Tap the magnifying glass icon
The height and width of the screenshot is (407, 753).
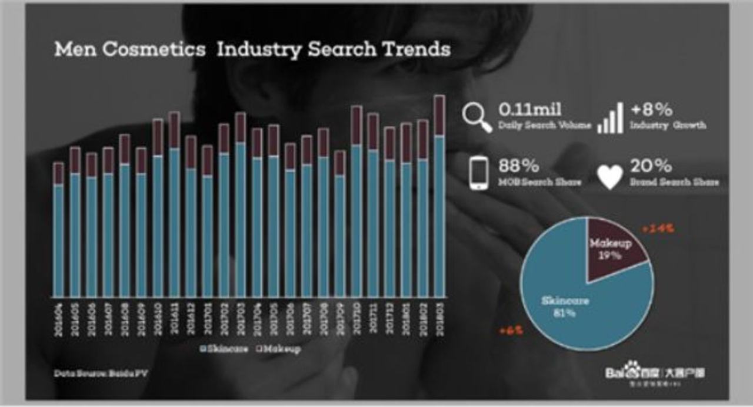(476, 117)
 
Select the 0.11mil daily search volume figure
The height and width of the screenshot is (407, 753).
(529, 109)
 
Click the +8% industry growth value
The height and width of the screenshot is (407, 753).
(651, 109)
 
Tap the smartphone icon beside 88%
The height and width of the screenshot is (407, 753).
(479, 173)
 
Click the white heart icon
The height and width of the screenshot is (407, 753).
(610, 176)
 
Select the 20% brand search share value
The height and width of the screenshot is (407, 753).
(651, 166)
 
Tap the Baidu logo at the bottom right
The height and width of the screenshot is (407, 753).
(655, 374)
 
